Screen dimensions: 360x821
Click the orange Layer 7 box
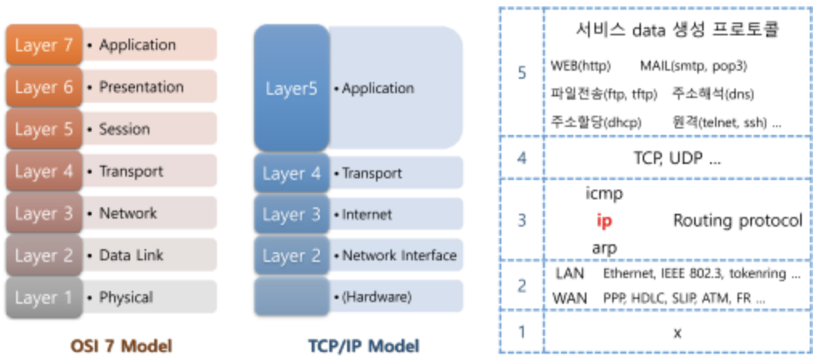[x=44, y=45]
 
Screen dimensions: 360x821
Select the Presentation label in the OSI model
[x=141, y=86]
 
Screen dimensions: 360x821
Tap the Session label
[x=124, y=129]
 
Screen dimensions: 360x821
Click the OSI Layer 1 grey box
[x=43, y=298]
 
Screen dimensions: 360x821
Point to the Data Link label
[x=131, y=256]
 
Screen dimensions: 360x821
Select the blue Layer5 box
[x=291, y=88]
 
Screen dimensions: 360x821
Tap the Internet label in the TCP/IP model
[x=367, y=215]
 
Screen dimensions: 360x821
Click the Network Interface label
[x=398, y=256]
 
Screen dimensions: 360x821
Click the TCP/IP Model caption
[x=363, y=346]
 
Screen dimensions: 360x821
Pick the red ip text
[x=604, y=220]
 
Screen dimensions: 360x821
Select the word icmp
[x=605, y=194]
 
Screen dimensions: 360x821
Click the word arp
[x=604, y=247]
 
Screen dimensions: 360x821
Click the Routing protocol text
[x=737, y=220]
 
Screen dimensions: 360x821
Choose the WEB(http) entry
[x=582, y=64]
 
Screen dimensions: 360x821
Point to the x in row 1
[x=676, y=330]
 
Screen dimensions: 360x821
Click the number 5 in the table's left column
[x=522, y=72]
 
